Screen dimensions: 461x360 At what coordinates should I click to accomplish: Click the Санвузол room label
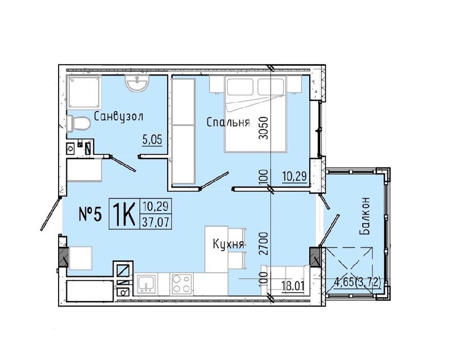pyautogui.click(x=118, y=116)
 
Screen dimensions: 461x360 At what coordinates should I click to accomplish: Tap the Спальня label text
pyautogui.click(x=228, y=122)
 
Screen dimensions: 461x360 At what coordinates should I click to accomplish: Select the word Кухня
pyautogui.click(x=228, y=244)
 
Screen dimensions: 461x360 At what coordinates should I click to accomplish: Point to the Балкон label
pyautogui.click(x=364, y=216)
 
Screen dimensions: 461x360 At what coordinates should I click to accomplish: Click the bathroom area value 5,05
pyautogui.click(x=152, y=139)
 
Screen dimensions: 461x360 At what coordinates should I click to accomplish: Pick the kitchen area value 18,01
pyautogui.click(x=292, y=285)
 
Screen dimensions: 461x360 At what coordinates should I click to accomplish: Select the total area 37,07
pyautogui.click(x=155, y=222)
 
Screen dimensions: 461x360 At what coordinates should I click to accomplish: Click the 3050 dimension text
pyautogui.click(x=263, y=128)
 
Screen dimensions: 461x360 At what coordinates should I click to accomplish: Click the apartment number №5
pyautogui.click(x=91, y=214)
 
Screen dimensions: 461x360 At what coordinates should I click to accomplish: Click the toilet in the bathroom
pyautogui.click(x=78, y=124)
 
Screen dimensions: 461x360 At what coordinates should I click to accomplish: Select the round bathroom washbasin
pyautogui.click(x=137, y=83)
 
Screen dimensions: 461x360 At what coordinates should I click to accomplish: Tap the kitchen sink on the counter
pyautogui.click(x=146, y=284)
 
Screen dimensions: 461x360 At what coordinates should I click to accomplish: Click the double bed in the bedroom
pyautogui.click(x=255, y=114)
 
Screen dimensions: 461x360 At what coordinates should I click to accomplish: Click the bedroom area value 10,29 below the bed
pyautogui.click(x=295, y=176)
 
